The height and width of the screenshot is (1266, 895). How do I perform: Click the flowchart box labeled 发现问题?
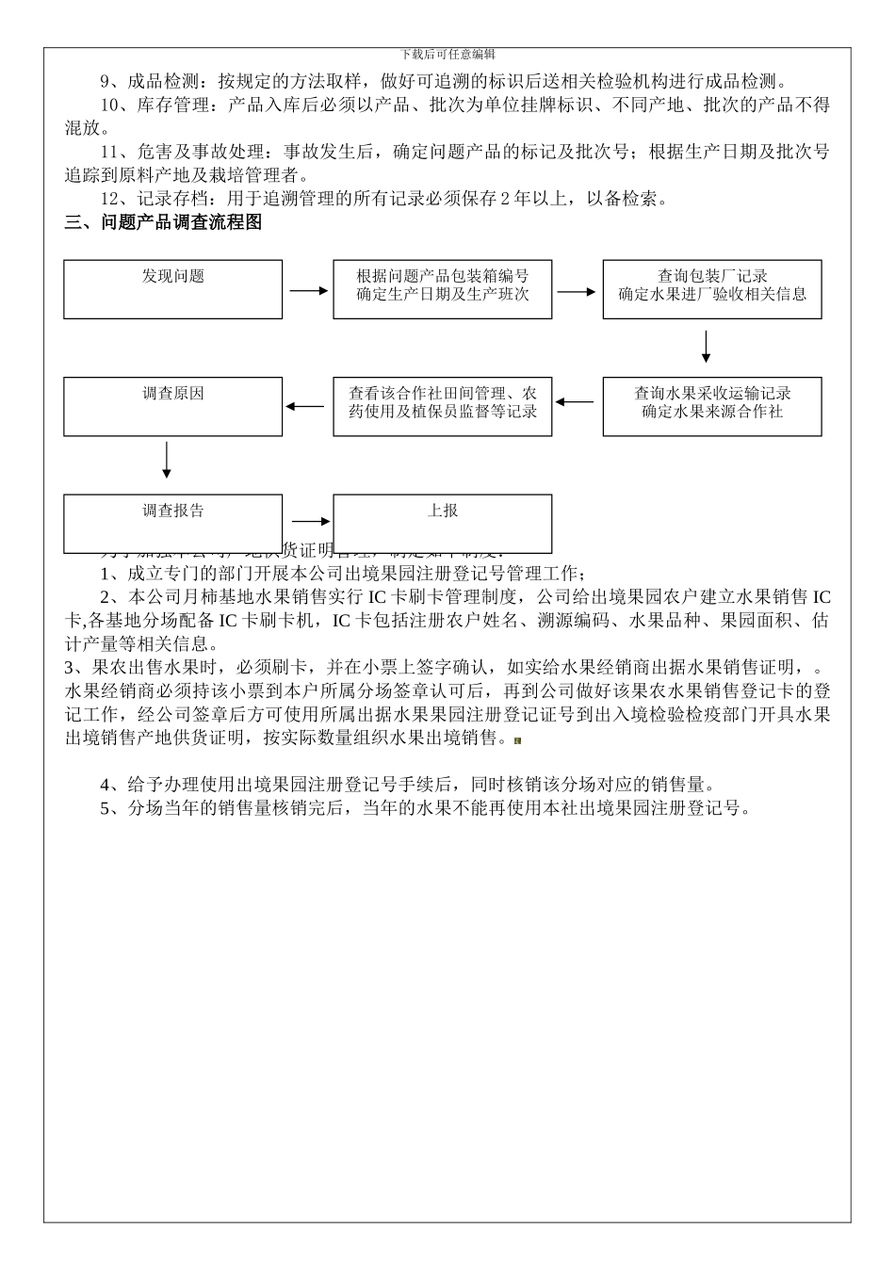click(x=173, y=289)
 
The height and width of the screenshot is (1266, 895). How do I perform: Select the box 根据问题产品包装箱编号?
click(x=442, y=289)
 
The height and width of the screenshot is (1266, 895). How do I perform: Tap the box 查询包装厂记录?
click(x=712, y=289)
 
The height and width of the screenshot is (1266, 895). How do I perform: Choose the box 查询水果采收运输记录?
click(x=712, y=407)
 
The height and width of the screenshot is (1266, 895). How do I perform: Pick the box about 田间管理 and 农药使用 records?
click(x=442, y=407)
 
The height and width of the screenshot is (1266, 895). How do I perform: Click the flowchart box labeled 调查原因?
click(x=173, y=407)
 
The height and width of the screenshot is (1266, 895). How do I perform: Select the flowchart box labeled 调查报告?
click(x=173, y=524)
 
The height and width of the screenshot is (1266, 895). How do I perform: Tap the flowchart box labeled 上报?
click(x=442, y=524)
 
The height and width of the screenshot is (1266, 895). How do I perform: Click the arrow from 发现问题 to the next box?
click(x=308, y=291)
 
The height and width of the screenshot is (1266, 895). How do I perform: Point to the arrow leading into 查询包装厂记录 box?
click(x=577, y=291)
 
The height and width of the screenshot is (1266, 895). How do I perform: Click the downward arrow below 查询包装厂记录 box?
click(x=706, y=347)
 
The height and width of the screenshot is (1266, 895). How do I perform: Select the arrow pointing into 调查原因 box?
click(x=304, y=407)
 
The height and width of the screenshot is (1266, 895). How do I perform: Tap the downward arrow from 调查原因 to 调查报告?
click(x=167, y=460)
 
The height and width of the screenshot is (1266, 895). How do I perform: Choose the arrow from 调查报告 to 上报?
click(x=311, y=521)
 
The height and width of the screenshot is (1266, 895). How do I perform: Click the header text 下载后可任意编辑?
click(x=447, y=55)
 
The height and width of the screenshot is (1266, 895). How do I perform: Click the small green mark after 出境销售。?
click(x=517, y=741)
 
